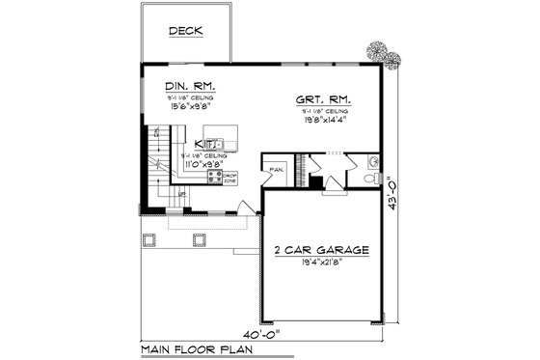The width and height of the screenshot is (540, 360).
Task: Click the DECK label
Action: (x=186, y=31)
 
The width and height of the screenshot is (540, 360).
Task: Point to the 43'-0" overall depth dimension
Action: (x=390, y=197)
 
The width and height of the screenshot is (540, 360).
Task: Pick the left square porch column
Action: (x=148, y=236)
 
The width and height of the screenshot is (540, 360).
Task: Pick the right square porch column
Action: (x=201, y=236)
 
